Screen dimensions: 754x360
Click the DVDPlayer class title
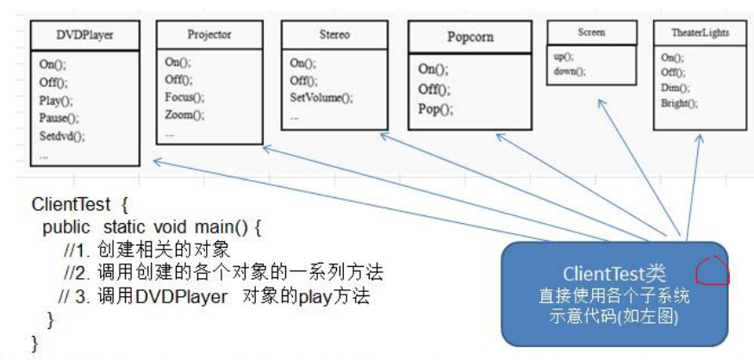pos(84,35)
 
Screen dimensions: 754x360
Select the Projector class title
pos(209,34)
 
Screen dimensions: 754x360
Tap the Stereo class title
pos(334,34)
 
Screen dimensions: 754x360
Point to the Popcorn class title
pos(470,37)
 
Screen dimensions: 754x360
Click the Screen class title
pos(591,33)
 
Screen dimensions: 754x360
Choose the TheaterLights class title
pos(700,33)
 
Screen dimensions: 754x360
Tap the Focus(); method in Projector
pos(184,97)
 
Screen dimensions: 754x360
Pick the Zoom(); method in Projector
pos(184,115)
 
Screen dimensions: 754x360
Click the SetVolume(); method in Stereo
pos(321,98)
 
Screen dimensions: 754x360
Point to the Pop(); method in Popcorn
pos(436,109)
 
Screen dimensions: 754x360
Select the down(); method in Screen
pos(570,71)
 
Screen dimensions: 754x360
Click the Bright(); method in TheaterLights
pos(679,103)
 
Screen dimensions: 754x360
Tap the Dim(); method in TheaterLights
pos(675,88)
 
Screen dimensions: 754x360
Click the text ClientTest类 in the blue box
pos(614,274)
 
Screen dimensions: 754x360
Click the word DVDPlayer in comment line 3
pos(181,296)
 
